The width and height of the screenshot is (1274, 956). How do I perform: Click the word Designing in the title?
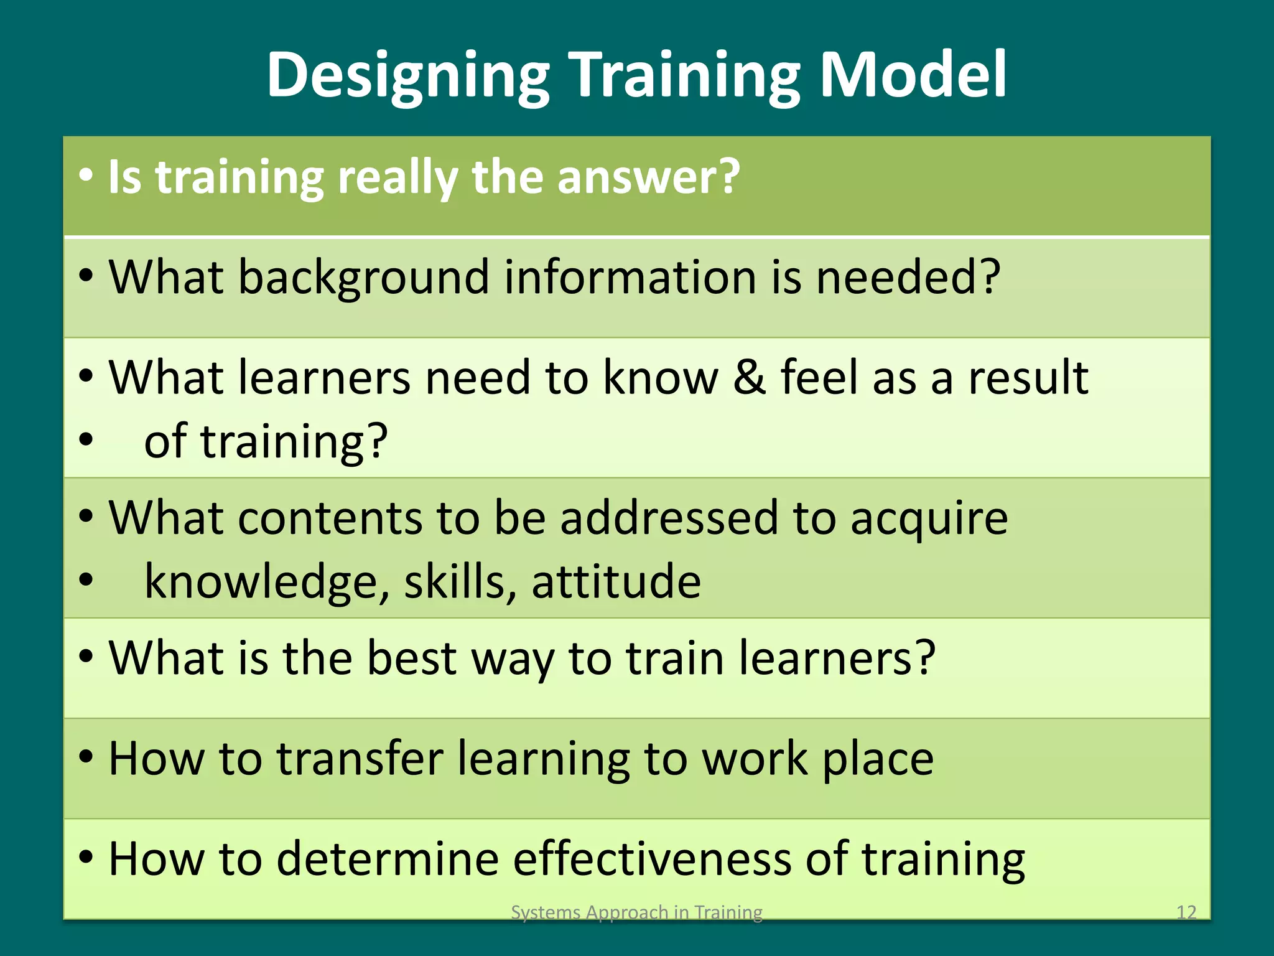tap(407, 76)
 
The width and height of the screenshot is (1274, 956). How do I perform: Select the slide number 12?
tap(1186, 912)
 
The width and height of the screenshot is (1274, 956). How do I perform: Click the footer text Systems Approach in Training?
tap(636, 912)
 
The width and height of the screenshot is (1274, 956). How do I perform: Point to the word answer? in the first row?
tap(648, 177)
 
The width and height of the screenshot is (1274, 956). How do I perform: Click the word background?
tap(363, 278)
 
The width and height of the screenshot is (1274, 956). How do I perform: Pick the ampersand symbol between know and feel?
tap(749, 377)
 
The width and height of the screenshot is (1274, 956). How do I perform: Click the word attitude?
tap(616, 581)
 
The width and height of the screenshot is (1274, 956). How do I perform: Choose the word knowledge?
tap(267, 583)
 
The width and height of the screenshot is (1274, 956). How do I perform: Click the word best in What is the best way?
tap(412, 658)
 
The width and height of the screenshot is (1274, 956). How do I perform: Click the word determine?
tap(388, 859)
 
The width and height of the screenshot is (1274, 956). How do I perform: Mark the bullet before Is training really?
tap(86, 176)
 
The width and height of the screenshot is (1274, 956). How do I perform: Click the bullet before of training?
tap(86, 441)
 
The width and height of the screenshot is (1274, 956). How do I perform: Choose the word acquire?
tap(929, 519)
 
